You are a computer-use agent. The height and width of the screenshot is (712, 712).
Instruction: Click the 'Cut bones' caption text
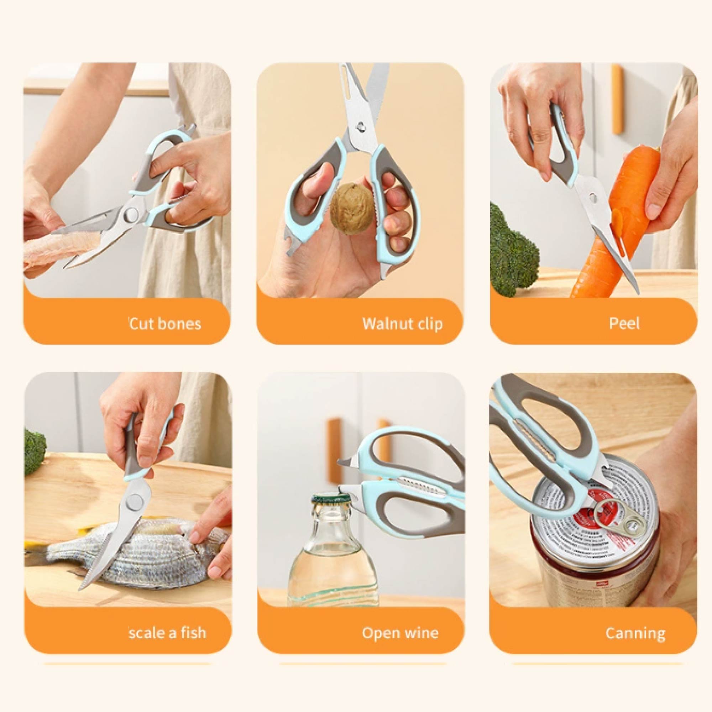pos(165,324)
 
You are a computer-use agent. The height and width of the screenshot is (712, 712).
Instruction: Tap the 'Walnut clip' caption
pos(402,324)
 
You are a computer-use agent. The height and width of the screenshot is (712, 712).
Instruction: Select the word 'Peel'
pos(624,323)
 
